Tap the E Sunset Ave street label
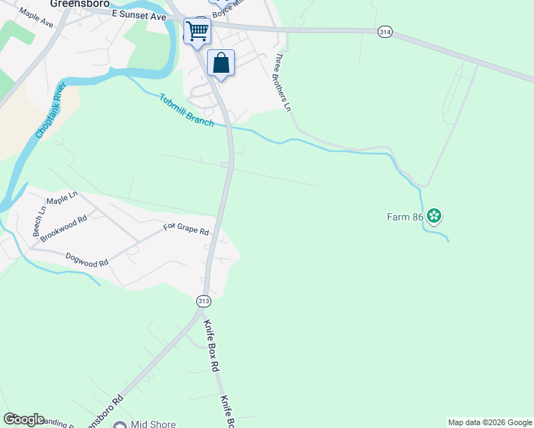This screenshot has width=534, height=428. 138,15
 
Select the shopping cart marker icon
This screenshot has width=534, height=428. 197,30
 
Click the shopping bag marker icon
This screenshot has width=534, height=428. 221,62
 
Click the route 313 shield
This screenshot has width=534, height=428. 203,301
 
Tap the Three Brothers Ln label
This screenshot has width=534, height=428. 283,83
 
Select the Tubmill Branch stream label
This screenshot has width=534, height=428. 186,111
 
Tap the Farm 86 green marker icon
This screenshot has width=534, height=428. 434,215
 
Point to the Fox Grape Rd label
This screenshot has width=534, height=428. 186,230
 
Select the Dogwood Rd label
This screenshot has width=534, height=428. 86,259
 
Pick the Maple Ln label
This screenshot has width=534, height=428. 61,198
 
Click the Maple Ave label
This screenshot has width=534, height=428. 36,18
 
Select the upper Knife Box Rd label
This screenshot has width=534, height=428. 210,345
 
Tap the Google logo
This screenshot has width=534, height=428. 24,419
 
